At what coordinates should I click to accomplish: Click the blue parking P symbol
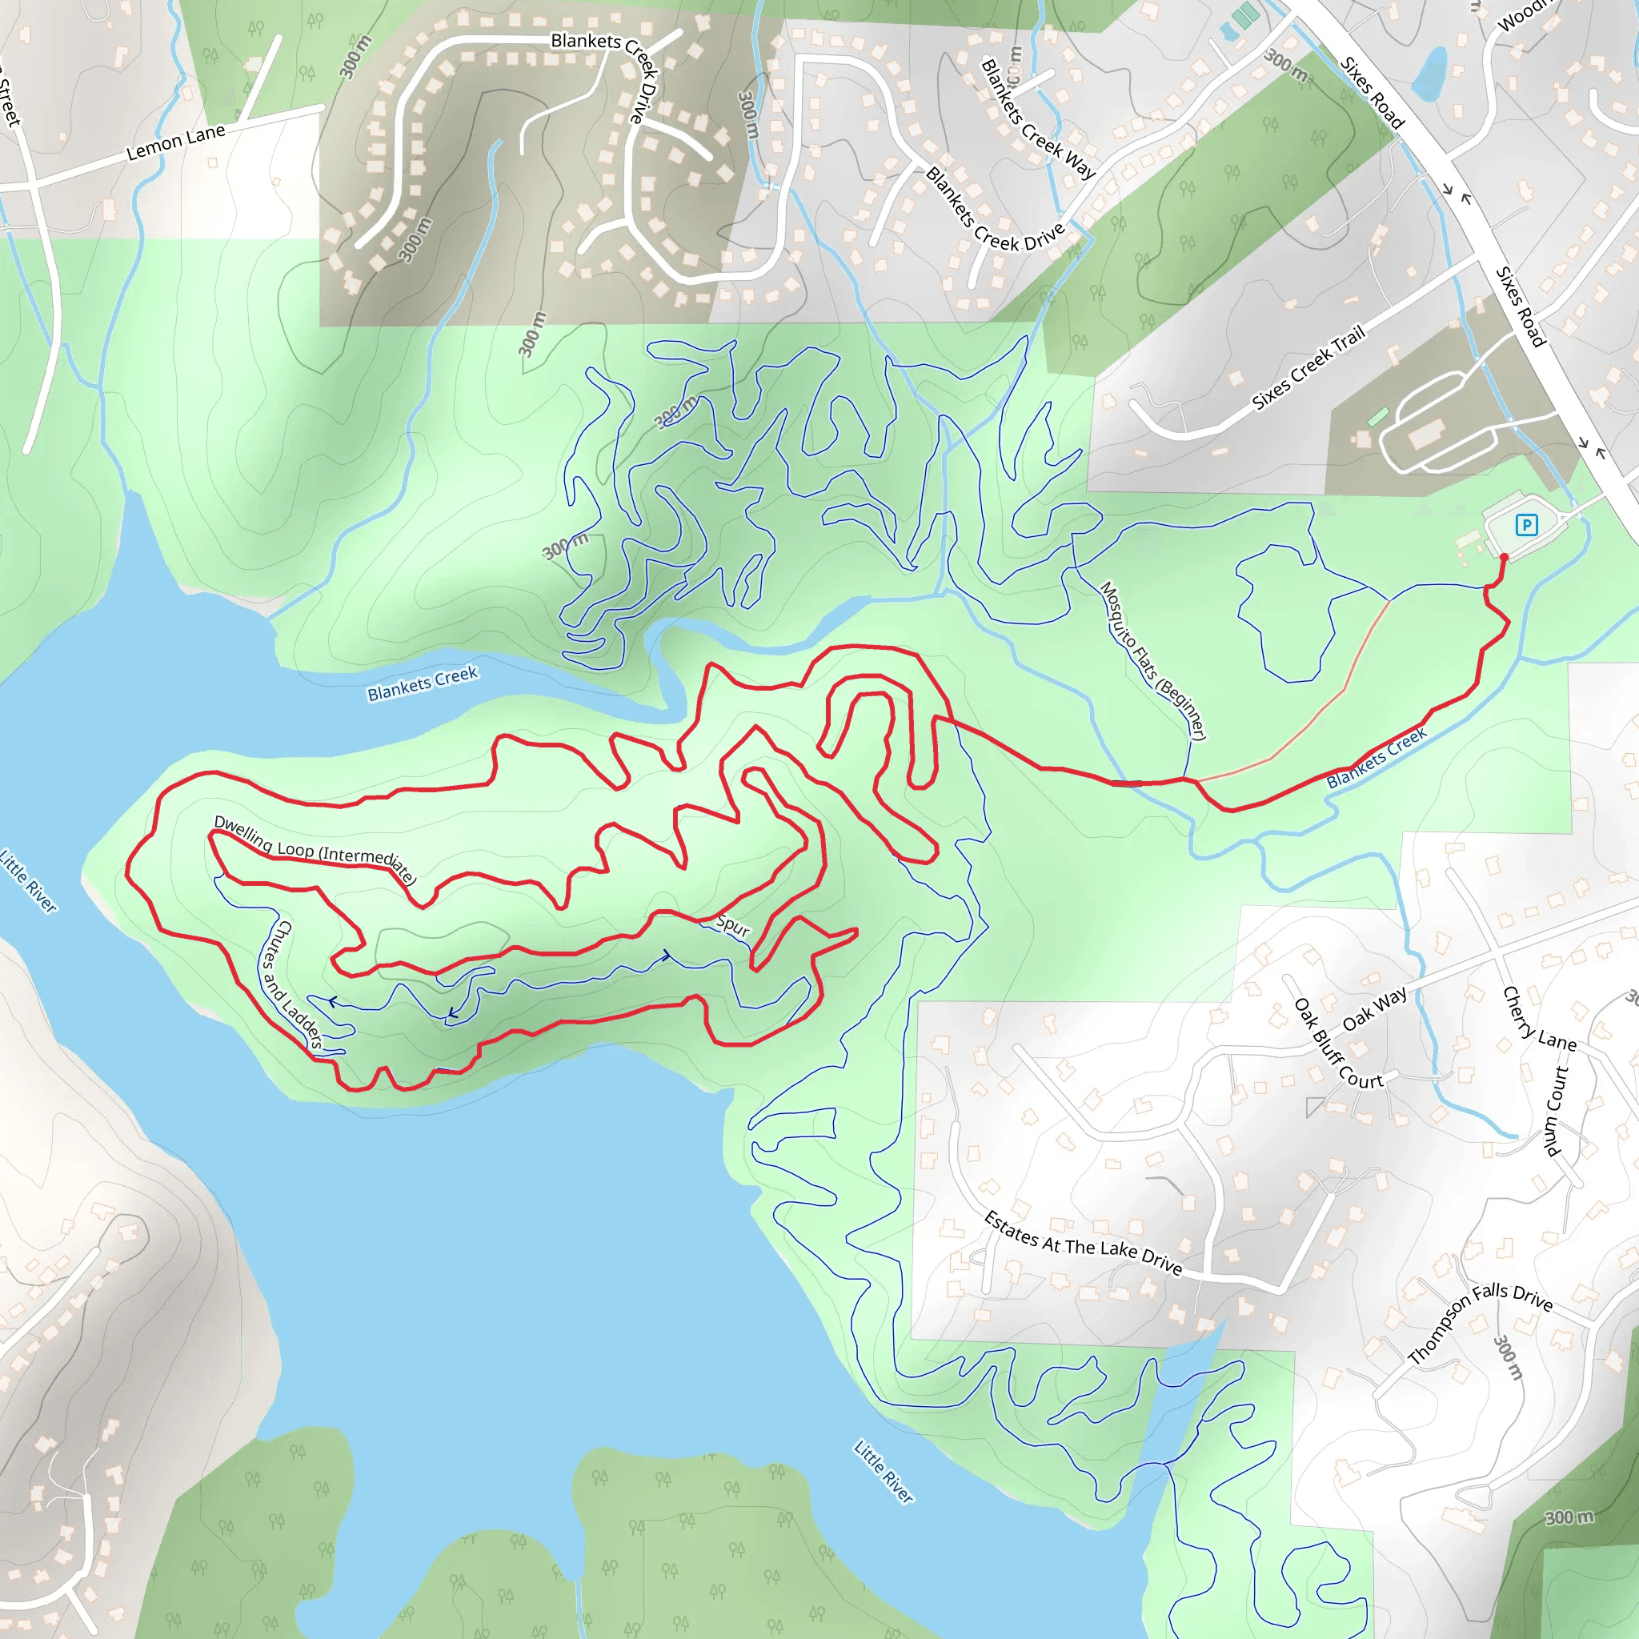1526,525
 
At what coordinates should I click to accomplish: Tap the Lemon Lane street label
175,142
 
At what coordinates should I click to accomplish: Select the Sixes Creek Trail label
1308,367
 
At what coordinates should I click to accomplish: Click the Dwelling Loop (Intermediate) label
315,849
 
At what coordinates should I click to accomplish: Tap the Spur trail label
733,926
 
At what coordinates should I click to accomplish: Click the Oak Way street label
1374,1008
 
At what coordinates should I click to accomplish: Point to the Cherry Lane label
1539,1019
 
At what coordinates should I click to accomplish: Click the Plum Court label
1556,1112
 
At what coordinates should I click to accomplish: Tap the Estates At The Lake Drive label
1083,1244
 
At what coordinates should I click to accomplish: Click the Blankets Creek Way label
1037,118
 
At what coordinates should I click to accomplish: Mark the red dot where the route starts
1504,557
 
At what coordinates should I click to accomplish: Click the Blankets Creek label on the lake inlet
423,683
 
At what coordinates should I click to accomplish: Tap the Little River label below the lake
884,1472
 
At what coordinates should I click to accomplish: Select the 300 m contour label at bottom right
1569,1517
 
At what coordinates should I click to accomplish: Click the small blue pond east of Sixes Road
1431,72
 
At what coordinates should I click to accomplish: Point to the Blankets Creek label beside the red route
1376,758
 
